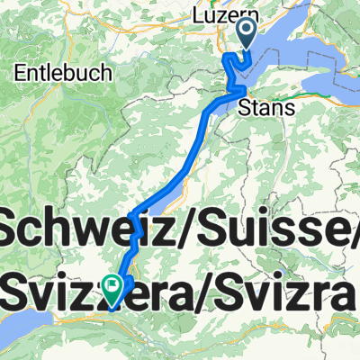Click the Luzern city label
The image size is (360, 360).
click(x=221, y=16)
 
